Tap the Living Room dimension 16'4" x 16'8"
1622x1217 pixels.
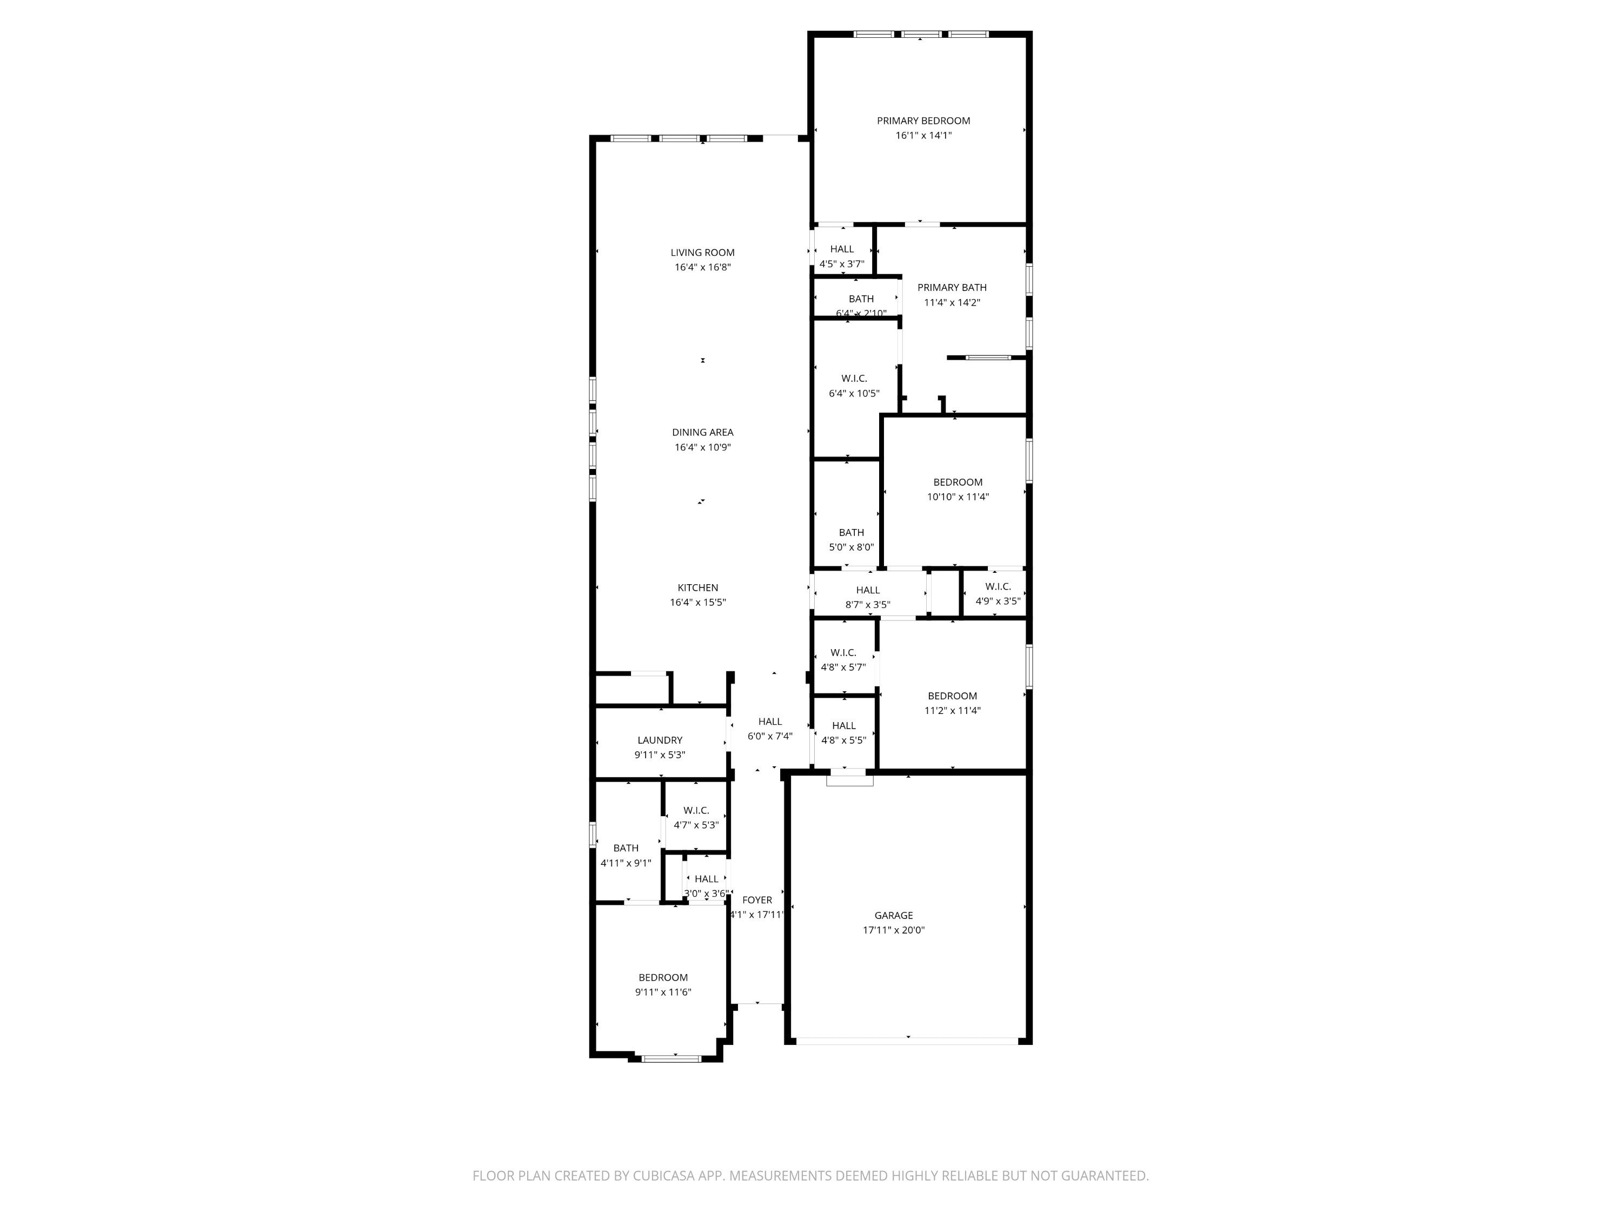click(x=702, y=268)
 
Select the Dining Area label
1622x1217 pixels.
click(x=702, y=433)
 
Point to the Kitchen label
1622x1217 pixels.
click(x=697, y=587)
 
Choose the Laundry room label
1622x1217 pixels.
click(x=659, y=740)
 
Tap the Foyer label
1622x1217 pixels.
click(x=757, y=900)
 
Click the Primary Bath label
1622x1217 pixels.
click(x=952, y=288)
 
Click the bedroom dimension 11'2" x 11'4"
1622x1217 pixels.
click(x=952, y=711)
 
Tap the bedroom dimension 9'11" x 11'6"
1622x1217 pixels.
click(x=663, y=993)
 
